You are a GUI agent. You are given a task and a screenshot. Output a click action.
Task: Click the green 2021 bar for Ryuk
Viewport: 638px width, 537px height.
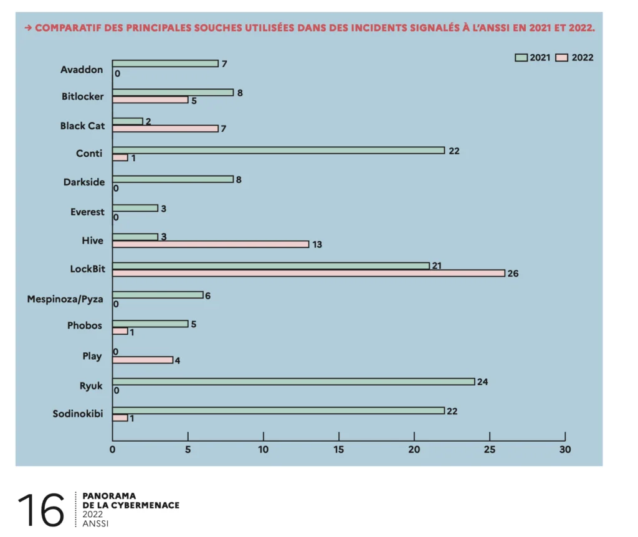tap(293, 381)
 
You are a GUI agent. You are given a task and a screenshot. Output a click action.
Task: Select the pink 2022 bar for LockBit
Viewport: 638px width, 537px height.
tap(308, 273)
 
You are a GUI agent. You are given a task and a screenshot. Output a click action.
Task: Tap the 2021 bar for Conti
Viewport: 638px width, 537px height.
tap(278, 151)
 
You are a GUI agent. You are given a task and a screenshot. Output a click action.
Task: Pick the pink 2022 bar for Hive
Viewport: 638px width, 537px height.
tap(211, 244)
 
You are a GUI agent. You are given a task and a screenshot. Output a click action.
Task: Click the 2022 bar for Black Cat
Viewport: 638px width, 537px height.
tap(165, 129)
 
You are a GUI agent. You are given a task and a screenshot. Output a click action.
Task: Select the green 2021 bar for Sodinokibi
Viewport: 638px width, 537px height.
tap(278, 411)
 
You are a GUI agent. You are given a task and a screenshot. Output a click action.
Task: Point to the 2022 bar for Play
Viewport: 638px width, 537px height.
tap(143, 360)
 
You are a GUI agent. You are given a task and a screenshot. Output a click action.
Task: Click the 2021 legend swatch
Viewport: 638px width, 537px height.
tap(521, 58)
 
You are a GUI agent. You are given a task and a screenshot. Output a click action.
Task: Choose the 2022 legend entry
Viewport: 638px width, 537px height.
tap(574, 58)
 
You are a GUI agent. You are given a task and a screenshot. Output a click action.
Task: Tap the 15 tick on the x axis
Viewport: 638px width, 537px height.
tap(339, 449)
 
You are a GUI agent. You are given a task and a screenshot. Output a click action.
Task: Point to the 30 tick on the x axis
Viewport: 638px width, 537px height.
tap(565, 449)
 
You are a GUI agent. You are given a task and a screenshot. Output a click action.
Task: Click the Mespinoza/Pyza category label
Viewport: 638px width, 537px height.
tap(65, 299)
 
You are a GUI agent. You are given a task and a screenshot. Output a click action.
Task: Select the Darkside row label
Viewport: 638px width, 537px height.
tap(83, 182)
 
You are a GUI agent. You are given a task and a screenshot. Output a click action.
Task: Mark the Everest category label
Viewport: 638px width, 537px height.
tap(87, 212)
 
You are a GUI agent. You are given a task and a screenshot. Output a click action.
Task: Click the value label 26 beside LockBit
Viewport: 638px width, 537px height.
tap(513, 273)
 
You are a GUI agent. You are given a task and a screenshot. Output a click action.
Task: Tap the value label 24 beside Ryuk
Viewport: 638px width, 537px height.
tap(482, 381)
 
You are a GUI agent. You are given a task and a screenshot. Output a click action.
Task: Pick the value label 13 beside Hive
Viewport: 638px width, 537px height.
tap(317, 245)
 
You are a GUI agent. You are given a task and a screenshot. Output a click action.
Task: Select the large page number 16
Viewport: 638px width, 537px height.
tap(41, 510)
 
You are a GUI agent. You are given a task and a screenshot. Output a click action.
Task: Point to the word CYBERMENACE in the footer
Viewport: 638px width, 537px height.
tap(146, 505)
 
